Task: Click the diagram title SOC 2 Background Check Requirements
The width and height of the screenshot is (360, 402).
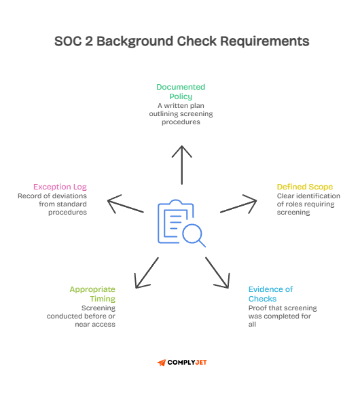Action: coord(181,41)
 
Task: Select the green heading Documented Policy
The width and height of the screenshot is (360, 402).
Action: coord(181,92)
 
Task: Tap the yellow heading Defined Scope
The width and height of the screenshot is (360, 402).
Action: coord(304,187)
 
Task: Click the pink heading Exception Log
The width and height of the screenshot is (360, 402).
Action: coord(60,187)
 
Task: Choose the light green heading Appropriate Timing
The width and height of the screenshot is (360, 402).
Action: coord(92,294)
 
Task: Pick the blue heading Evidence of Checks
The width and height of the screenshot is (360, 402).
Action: coord(270,294)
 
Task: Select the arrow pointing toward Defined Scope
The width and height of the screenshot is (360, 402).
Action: coord(239,205)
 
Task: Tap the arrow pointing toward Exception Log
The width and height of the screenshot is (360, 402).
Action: coord(125,205)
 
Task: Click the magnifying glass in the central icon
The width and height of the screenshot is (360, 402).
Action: coord(194,234)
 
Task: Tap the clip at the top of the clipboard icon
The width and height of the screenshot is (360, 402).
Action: coord(173,203)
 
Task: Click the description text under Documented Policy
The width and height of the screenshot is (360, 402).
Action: coord(181,113)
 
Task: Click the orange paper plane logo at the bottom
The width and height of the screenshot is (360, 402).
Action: coord(162,363)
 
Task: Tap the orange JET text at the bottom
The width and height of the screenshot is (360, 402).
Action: coord(200,363)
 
